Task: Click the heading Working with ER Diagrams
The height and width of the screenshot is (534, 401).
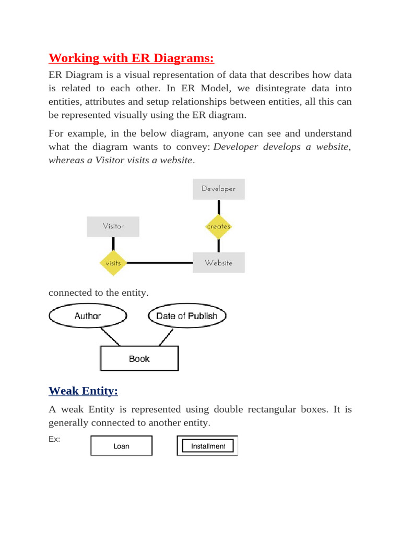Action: pos(131,57)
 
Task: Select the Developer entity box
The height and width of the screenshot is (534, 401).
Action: pos(218,189)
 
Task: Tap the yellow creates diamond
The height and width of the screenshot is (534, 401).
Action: pos(218,226)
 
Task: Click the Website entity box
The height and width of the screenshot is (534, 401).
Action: pos(218,263)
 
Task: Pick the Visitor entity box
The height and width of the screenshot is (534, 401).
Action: pos(113,226)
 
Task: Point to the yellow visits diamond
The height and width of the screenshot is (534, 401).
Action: pos(113,263)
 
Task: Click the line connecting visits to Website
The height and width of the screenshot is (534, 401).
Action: pos(159,263)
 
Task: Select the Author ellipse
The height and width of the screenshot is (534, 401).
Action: pos(88,316)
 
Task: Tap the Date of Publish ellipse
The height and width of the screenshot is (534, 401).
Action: pos(186,316)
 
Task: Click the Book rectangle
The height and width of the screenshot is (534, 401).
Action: pos(139,359)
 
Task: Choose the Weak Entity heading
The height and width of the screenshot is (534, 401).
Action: pos(83,391)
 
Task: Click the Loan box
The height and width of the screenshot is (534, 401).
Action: pos(121,446)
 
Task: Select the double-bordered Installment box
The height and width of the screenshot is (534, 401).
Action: pos(208,446)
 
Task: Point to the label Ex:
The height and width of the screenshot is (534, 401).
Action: pos(54,439)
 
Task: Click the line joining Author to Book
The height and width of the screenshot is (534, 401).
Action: pos(110,337)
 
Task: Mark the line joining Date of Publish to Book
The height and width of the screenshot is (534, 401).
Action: pos(162,337)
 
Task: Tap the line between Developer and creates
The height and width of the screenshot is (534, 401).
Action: pos(218,207)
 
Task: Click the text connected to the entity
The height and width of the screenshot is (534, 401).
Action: pos(98,293)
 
